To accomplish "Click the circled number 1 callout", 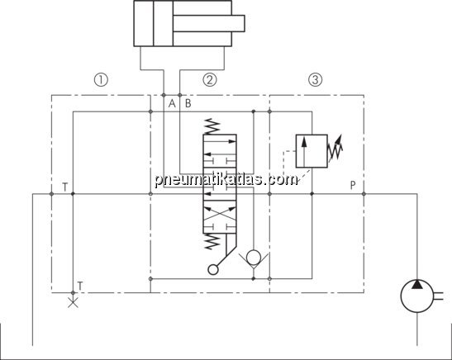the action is coord(101,79).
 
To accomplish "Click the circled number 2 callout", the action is coord(210,79).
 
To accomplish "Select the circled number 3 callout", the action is coord(316,79).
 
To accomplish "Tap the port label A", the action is coord(172,103).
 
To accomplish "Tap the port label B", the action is coord(188,103).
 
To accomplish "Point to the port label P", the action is coord(353,185).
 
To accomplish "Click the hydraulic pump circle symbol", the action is coord(416,296).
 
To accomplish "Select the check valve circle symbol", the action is coord(254,256).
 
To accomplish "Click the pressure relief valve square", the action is coord(312,151).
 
